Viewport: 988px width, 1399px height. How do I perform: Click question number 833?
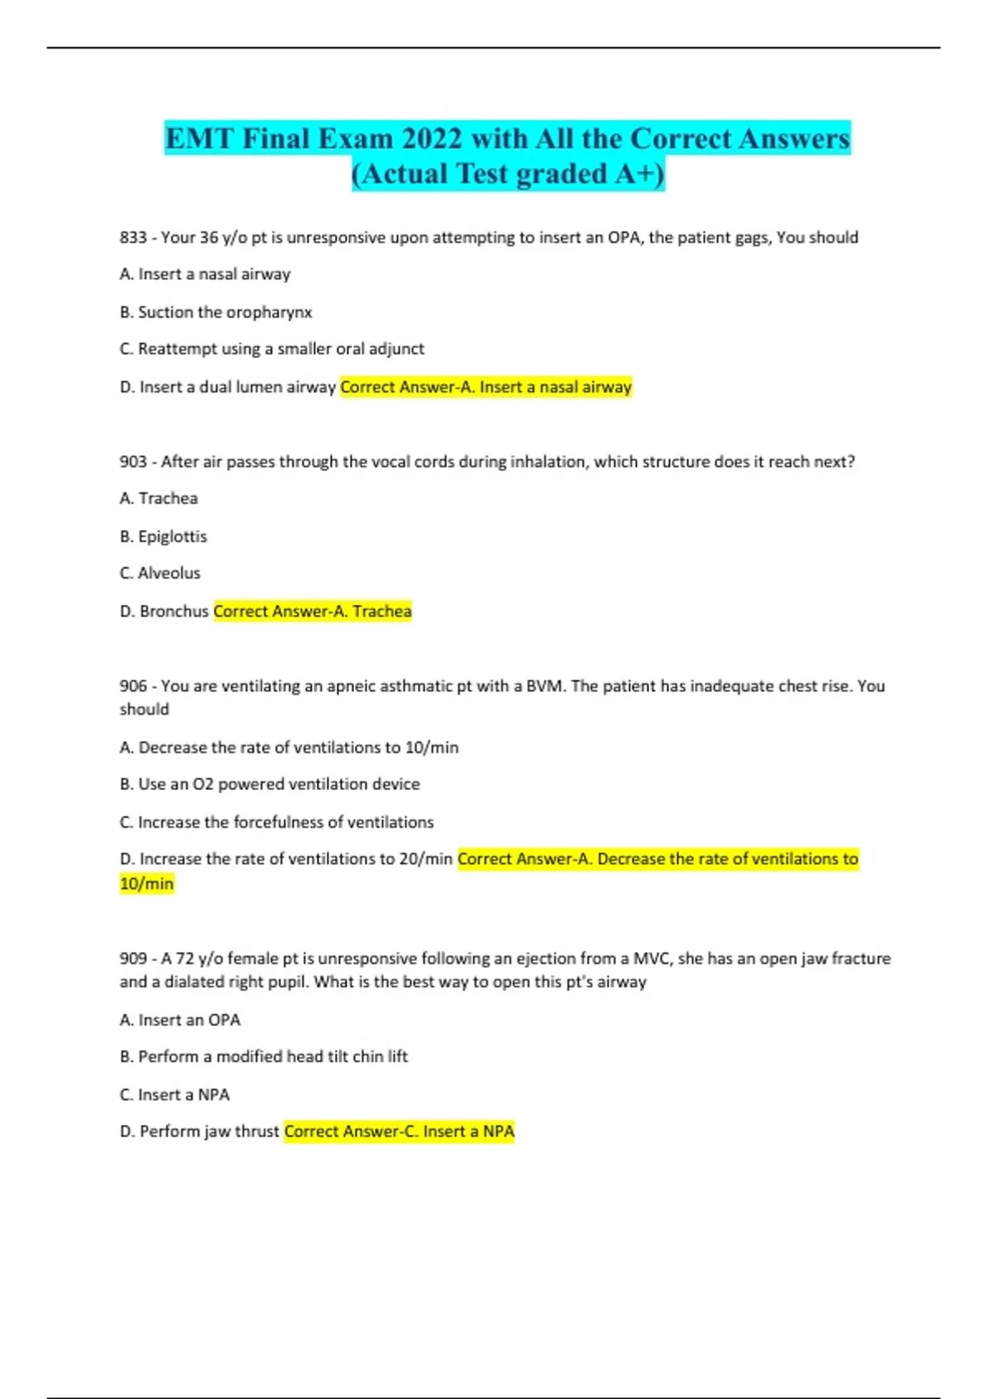(x=133, y=237)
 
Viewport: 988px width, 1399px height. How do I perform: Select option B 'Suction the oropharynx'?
(x=217, y=312)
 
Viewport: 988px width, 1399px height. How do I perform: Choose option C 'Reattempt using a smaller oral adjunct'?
(x=272, y=349)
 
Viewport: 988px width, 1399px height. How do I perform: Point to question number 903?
(x=133, y=462)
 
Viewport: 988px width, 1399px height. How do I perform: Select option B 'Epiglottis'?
(x=163, y=537)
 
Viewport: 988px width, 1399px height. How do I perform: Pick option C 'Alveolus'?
(x=160, y=573)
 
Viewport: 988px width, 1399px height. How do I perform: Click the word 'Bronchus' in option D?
(x=174, y=611)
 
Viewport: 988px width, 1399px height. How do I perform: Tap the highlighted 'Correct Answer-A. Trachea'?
(x=312, y=611)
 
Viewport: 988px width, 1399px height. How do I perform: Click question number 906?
(x=133, y=686)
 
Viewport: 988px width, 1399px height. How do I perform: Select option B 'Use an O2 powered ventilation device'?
(x=269, y=784)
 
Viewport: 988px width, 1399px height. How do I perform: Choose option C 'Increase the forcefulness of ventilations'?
(x=277, y=822)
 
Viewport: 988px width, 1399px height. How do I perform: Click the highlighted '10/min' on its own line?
(x=147, y=884)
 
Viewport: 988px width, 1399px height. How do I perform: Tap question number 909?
(x=133, y=959)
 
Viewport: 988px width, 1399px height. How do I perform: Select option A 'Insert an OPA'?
(x=180, y=1020)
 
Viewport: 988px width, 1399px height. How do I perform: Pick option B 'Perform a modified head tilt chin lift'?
(x=263, y=1057)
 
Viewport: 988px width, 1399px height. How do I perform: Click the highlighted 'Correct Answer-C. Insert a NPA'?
(x=399, y=1132)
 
